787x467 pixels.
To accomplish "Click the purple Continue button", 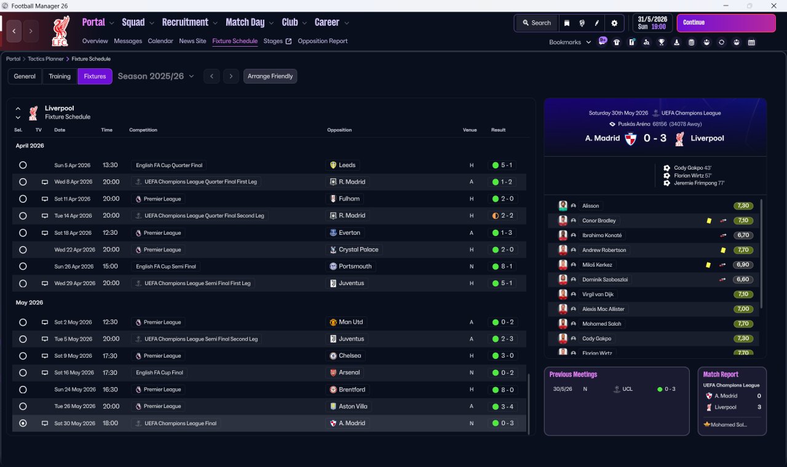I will (x=726, y=23).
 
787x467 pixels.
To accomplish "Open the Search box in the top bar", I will (x=536, y=23).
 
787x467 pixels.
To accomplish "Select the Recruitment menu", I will (x=185, y=23).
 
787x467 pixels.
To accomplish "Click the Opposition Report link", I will (x=322, y=41).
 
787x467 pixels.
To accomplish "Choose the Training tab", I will (x=60, y=76).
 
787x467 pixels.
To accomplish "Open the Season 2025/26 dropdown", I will (x=156, y=76).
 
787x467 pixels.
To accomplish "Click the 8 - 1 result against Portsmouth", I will (x=503, y=267).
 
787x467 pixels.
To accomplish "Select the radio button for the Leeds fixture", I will (x=23, y=165).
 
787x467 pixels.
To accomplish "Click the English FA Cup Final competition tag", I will (x=159, y=372).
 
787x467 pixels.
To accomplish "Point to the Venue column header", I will (x=470, y=130).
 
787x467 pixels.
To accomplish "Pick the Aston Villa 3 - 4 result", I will (x=503, y=406).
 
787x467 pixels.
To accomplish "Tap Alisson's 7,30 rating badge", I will (x=743, y=206).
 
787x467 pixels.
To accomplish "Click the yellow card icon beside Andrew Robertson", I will (x=723, y=250).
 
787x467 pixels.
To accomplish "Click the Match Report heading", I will (x=721, y=374).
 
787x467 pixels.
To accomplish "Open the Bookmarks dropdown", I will (x=570, y=42).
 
